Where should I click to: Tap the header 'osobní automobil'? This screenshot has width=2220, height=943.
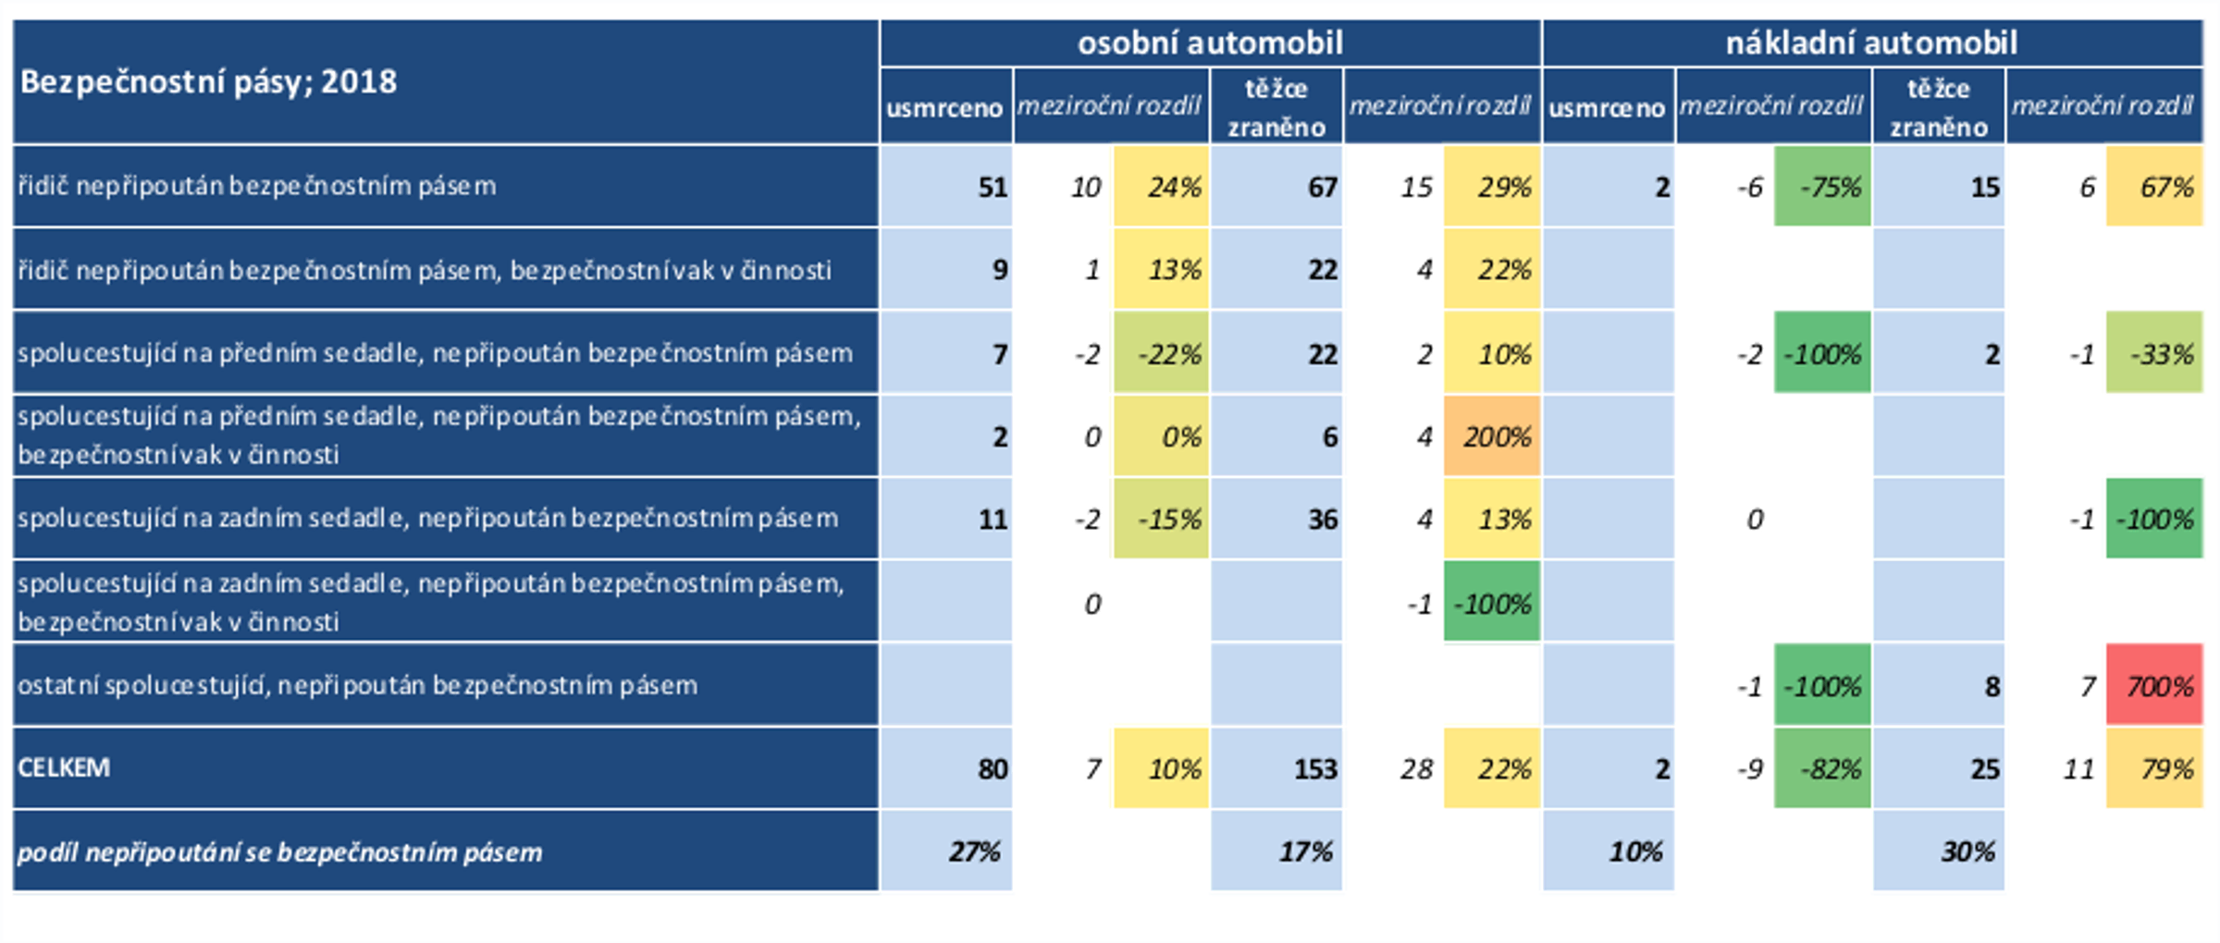pos(1210,43)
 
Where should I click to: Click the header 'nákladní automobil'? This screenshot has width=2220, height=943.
pos(1871,43)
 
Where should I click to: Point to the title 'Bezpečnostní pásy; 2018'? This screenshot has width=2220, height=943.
pos(209,82)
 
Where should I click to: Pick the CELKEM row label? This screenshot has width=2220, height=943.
pos(64,767)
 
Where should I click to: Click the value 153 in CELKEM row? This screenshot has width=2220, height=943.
pos(1314,769)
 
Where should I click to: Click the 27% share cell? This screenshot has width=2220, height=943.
pos(974,851)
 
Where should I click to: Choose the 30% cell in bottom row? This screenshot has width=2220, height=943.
pos(1967,851)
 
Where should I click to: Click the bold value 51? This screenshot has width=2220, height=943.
pos(992,188)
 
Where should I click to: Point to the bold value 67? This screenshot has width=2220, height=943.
pos(1322,188)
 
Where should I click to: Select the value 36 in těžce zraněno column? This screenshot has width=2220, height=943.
pos(1322,520)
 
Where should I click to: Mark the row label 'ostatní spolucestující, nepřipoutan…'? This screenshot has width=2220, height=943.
pos(357,685)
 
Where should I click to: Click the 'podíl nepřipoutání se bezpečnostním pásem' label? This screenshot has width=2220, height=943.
pos(279,851)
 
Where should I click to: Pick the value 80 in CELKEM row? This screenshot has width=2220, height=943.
pos(992,769)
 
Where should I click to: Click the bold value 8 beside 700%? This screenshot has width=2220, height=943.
pos(1992,686)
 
